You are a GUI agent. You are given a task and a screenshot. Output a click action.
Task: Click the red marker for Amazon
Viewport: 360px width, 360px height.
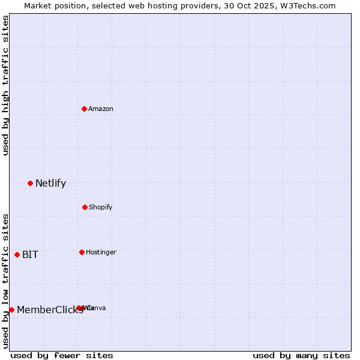(x=84, y=109)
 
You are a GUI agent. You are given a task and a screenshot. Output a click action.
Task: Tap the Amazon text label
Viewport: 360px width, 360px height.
(x=101, y=109)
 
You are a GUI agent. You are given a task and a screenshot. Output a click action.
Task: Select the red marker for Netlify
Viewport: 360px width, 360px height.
(x=30, y=183)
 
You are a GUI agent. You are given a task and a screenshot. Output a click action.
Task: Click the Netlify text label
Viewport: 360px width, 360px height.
(x=50, y=184)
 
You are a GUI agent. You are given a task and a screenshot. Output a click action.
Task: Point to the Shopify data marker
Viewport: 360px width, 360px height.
(x=85, y=207)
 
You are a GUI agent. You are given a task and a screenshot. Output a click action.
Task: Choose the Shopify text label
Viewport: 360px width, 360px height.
(x=101, y=208)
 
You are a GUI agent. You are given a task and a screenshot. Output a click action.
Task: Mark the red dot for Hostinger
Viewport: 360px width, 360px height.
(x=82, y=252)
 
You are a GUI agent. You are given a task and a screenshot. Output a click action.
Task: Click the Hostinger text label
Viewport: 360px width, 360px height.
(x=101, y=253)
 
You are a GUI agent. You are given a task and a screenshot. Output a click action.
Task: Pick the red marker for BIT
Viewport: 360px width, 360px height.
(x=17, y=254)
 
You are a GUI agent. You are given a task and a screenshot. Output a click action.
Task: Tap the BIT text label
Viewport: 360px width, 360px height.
(x=30, y=255)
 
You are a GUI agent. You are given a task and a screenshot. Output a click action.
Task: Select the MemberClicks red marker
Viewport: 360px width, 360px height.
(x=11, y=310)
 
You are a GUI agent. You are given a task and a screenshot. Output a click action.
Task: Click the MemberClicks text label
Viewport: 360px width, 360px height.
(x=50, y=310)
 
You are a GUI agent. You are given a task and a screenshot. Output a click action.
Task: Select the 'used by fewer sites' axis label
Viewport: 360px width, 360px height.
(x=62, y=356)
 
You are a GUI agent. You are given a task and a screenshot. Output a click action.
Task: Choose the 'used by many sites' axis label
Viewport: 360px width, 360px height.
(x=301, y=356)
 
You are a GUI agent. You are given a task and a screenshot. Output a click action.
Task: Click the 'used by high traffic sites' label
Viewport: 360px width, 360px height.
(x=5, y=85)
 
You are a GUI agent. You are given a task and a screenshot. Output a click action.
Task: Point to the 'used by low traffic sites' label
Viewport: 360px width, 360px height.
(x=5, y=281)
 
